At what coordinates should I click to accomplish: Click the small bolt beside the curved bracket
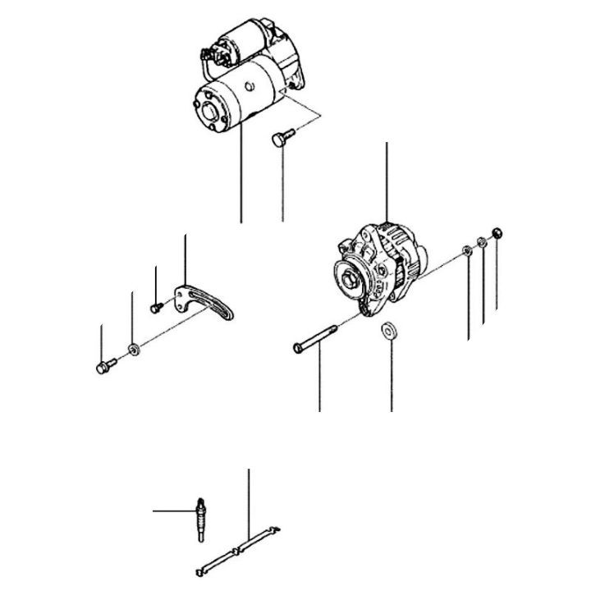coord(155,307)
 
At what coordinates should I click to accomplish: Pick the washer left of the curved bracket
coord(134,351)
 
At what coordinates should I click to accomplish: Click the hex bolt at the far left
coord(102,367)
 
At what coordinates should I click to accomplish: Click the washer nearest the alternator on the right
coord(467,250)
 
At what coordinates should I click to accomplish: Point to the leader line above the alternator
coord(386,181)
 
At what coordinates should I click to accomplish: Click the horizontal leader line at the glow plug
coord(172,511)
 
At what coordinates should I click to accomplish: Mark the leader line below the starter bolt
coord(282,189)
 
